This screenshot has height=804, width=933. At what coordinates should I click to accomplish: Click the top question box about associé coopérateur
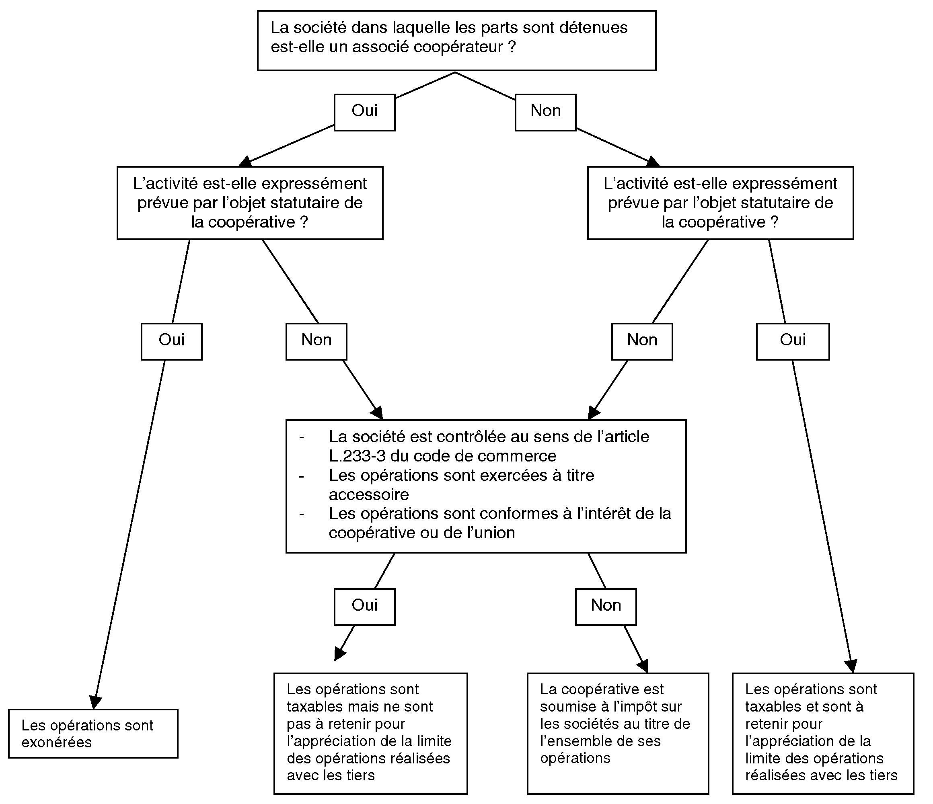456,41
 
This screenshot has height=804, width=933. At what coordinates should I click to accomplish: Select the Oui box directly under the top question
365,113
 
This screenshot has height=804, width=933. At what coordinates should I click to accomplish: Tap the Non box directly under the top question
546,113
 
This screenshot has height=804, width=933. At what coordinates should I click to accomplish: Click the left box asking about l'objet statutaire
250,203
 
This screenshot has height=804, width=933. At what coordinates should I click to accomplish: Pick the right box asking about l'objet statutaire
721,203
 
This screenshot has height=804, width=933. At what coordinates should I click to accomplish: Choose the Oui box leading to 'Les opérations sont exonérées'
172,342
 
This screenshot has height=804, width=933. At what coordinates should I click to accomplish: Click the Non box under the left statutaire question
316,342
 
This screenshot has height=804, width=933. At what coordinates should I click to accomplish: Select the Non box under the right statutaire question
642,342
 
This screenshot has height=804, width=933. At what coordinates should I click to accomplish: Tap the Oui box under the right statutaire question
793,342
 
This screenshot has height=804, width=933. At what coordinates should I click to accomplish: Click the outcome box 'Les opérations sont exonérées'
93,734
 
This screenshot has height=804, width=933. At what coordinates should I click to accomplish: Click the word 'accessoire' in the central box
369,495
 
